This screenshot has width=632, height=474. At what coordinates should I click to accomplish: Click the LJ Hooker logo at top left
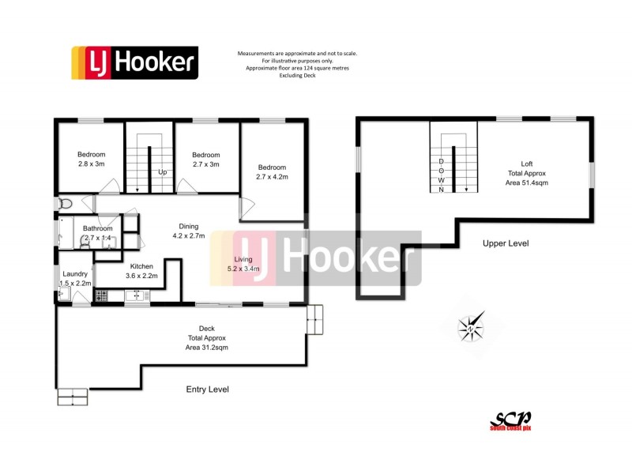click(134, 62)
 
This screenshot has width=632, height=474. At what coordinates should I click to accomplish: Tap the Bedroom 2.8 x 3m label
click(91, 159)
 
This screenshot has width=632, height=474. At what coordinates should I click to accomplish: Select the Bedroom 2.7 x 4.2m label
click(273, 172)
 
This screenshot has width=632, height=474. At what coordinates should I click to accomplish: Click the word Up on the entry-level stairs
click(162, 172)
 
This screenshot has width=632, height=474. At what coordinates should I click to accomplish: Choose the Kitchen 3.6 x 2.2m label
click(141, 271)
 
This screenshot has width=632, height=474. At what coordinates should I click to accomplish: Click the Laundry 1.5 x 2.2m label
click(75, 278)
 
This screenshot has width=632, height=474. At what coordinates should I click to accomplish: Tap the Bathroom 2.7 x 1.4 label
click(98, 233)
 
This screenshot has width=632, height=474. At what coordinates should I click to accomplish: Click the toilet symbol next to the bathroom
click(66, 203)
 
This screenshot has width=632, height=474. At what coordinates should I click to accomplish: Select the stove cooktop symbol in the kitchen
click(100, 295)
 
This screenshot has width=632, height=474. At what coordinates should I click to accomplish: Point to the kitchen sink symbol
click(137, 295)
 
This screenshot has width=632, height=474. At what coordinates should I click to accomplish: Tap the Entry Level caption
click(207, 389)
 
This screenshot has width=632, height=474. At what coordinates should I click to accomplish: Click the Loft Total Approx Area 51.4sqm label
click(526, 173)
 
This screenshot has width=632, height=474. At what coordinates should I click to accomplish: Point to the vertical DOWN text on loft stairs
click(442, 175)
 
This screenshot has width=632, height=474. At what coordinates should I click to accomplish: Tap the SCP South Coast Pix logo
click(510, 420)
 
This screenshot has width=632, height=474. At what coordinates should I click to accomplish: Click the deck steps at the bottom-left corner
click(73, 397)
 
